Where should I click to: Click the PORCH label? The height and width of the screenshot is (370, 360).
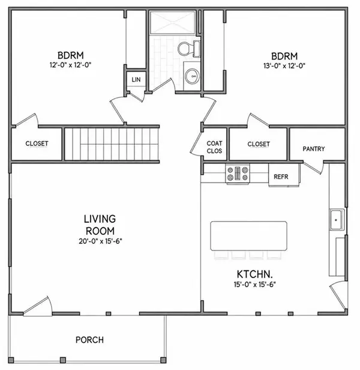(89, 340)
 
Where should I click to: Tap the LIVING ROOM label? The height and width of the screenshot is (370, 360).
(100, 225)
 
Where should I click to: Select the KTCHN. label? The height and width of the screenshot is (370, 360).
(254, 274)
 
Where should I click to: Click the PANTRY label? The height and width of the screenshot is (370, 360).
(314, 149)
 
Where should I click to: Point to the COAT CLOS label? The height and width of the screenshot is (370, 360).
(214, 147)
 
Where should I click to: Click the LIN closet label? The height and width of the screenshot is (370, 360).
(136, 79)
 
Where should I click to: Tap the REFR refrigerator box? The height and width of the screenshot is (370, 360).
(284, 175)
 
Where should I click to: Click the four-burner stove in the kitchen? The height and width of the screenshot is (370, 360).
(238, 174)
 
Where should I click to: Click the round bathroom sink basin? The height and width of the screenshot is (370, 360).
(192, 76)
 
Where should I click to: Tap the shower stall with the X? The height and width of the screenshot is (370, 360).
(173, 22)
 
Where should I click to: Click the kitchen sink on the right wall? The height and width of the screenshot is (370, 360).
(337, 220)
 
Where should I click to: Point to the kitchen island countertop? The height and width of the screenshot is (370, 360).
(249, 235)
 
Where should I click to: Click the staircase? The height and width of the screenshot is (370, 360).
(111, 144)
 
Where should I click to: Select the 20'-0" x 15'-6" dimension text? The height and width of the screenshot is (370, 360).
(100, 241)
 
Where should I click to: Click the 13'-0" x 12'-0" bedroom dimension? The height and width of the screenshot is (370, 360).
(284, 65)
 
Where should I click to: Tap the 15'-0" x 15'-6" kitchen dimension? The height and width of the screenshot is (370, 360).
(255, 284)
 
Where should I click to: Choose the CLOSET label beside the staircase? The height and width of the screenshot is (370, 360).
(37, 144)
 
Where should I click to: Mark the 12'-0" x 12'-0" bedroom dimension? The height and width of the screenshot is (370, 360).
(70, 65)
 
